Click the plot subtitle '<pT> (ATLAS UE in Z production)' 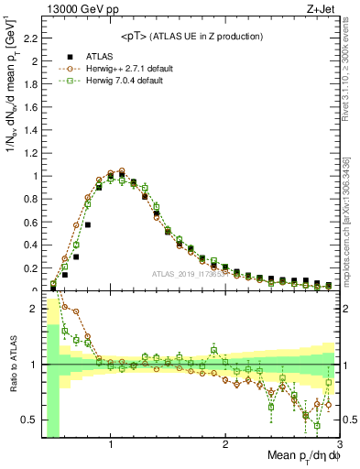click(x=192, y=36)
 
